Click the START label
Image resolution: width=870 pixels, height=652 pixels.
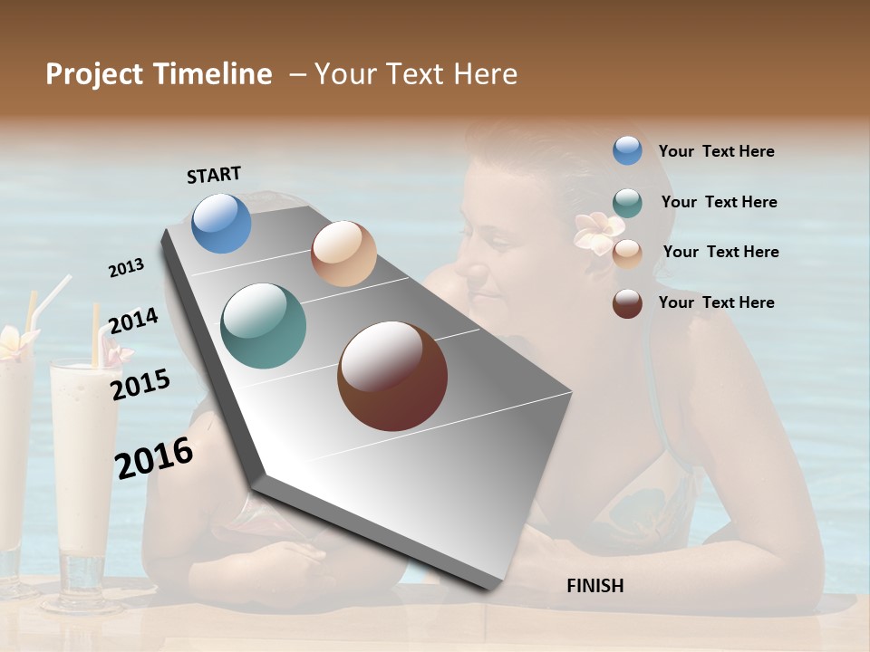tap(214, 175)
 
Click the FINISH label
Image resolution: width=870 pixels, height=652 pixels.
tap(594, 586)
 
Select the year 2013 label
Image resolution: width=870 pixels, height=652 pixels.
tap(127, 267)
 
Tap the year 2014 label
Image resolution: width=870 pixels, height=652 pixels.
tap(133, 321)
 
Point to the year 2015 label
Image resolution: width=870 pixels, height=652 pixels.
tap(140, 384)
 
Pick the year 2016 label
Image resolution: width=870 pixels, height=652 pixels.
tap(154, 457)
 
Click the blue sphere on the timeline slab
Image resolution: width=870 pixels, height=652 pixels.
tap(221, 223)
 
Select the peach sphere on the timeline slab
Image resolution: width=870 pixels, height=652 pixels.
tap(343, 254)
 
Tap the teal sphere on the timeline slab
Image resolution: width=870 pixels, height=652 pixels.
tap(263, 326)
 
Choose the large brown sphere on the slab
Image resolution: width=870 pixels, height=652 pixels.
tap(392, 376)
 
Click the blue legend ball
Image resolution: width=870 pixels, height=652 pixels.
tap(627, 150)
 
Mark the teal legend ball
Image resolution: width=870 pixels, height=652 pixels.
tap(627, 203)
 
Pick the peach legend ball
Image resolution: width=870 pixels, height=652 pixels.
tap(627, 254)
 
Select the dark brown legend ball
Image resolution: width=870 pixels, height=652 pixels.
tap(627, 303)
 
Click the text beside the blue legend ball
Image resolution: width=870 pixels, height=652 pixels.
tap(716, 151)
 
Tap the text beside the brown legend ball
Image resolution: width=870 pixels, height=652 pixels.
tap(716, 302)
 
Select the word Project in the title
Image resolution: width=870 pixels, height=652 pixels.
tap(93, 74)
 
